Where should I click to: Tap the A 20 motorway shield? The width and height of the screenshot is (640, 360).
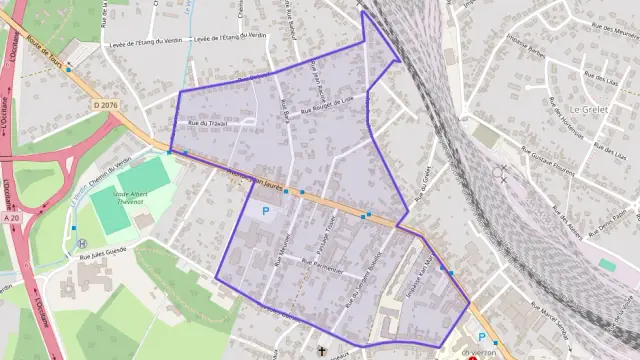[11, 217]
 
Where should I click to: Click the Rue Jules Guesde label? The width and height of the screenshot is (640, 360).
[101, 250]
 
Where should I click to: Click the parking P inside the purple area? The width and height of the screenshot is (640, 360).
[265, 211]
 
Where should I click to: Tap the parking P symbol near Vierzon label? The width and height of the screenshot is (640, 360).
[481, 337]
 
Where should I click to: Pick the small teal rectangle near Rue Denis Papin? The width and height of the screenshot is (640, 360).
[607, 265]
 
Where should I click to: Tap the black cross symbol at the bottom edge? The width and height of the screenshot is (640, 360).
[321, 352]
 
